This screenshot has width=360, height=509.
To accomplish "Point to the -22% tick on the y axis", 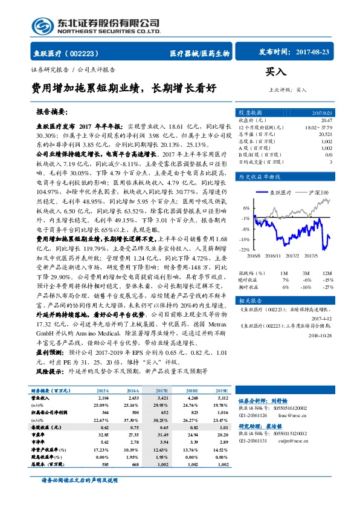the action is pyautogui.click(x=244, y=249).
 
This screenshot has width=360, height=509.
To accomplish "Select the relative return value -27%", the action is pyautogui.click(x=327, y=286).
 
